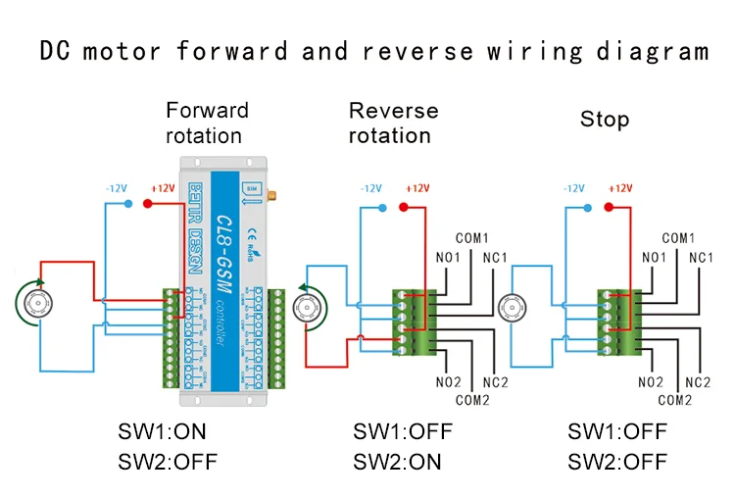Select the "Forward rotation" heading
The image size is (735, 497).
[207, 123]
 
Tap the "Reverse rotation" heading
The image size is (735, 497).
[393, 123]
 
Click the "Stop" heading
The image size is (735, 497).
[604, 120]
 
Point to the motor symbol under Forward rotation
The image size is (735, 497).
[39, 304]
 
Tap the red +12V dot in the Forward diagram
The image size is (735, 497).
[148, 204]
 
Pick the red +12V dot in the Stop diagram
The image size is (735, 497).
[609, 207]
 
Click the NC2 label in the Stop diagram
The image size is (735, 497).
[697, 381]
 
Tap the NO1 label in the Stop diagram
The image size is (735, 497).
[653, 258]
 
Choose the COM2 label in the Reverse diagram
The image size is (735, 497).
[470, 400]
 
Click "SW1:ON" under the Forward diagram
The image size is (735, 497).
[162, 432]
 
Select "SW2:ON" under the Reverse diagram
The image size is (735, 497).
[397, 461]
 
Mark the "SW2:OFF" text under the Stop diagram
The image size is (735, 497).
[617, 461]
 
